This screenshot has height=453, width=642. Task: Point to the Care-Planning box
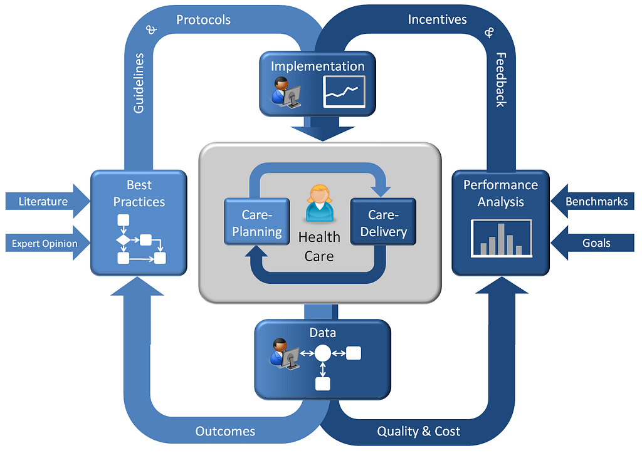click(x=257, y=223)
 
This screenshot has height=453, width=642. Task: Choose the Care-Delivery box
click(x=383, y=223)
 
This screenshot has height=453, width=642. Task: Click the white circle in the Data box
click(x=322, y=353)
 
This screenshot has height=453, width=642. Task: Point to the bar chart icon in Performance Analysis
click(x=501, y=239)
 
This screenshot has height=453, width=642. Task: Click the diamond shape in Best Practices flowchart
click(x=123, y=239)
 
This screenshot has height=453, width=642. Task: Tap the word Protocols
click(x=203, y=20)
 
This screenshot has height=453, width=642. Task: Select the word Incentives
click(x=437, y=19)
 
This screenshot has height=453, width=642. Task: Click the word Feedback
click(x=500, y=79)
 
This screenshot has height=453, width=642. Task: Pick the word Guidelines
click(x=139, y=83)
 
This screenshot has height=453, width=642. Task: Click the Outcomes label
click(x=225, y=431)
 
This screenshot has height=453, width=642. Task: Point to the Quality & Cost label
click(x=418, y=431)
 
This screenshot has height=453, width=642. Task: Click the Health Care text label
click(x=319, y=246)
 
